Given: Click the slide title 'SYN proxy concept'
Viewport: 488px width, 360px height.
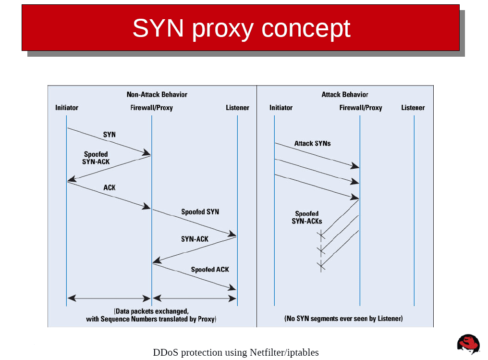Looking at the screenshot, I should click(241, 28).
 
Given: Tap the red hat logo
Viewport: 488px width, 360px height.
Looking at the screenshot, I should click(468, 344).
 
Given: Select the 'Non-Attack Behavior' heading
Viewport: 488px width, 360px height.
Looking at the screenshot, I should click(157, 94).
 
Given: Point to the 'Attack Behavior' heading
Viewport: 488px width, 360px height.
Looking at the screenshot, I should click(344, 94).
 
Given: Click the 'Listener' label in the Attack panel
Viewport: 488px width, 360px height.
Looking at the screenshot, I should click(413, 108).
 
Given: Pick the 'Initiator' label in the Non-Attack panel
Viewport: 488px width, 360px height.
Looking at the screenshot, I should click(66, 108).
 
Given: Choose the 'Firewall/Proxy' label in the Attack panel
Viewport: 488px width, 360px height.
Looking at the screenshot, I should click(360, 108).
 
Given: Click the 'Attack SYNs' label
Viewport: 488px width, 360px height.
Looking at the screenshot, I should click(312, 143).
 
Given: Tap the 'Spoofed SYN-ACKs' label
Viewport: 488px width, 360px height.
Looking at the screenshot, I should click(307, 218).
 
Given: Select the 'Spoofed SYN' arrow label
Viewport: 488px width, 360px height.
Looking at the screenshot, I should click(200, 211).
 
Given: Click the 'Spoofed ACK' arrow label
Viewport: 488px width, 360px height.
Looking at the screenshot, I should click(210, 269).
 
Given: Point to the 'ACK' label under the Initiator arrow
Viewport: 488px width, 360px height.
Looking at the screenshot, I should click(110, 187).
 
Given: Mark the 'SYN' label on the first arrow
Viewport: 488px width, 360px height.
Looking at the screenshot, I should click(110, 135).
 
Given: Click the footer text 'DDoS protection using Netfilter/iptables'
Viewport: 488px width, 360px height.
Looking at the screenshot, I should click(235, 352).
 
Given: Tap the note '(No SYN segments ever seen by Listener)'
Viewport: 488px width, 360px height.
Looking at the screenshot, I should click(343, 318).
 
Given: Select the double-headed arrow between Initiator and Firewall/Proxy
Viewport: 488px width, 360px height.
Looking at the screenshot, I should click(109, 298).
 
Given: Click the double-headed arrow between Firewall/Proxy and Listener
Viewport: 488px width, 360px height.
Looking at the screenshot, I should click(195, 298).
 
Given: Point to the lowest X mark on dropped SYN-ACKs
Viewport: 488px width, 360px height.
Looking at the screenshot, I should click(321, 265).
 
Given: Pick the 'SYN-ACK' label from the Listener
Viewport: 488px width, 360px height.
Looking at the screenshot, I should click(195, 239).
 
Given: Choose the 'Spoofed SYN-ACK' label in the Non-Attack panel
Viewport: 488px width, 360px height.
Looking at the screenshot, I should click(96, 158).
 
